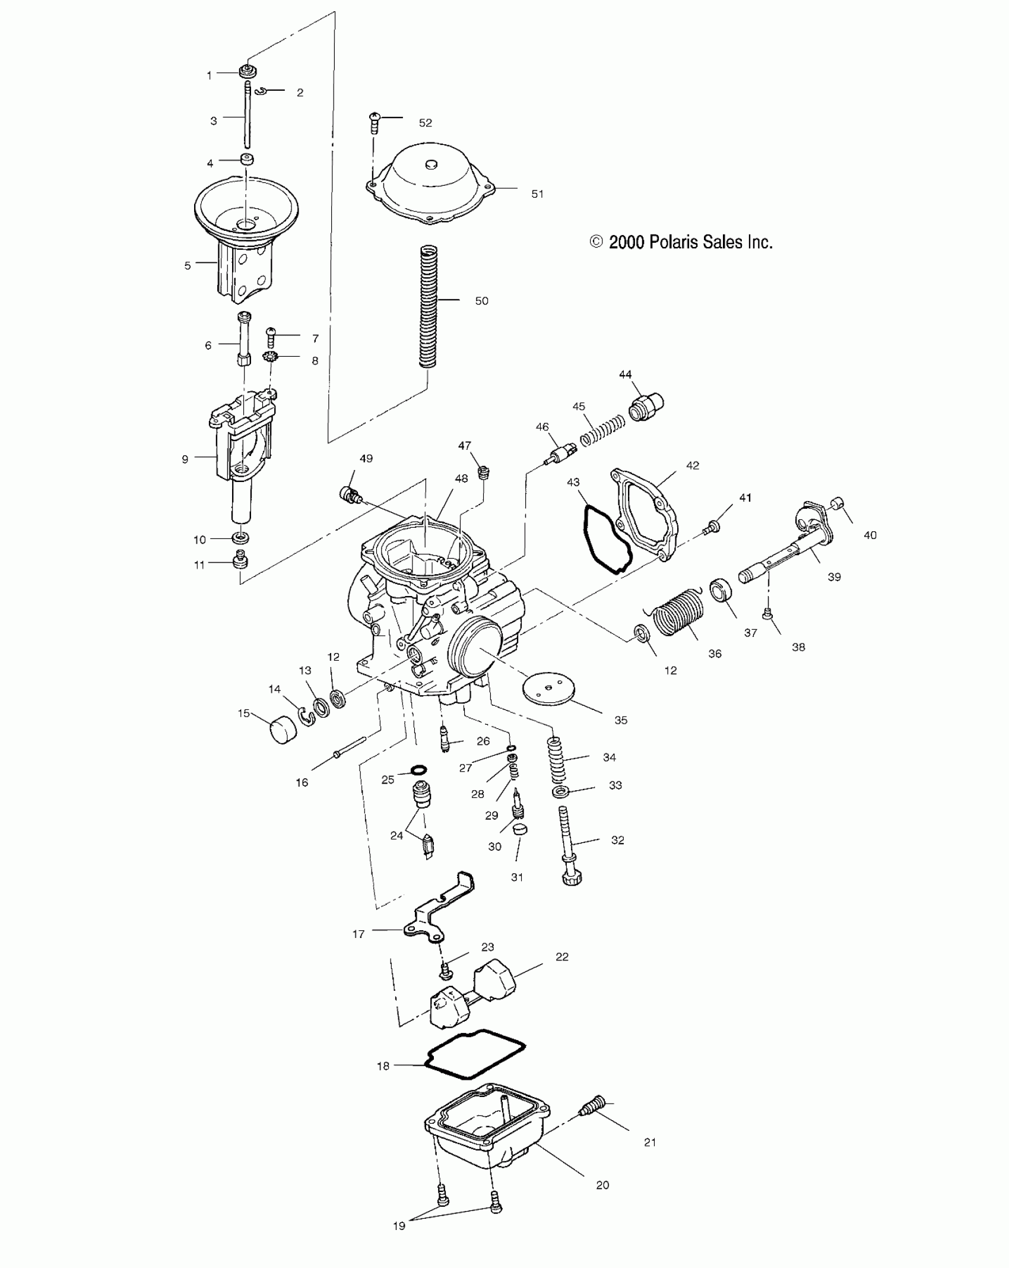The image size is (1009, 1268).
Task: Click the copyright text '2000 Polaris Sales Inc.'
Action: (x=681, y=242)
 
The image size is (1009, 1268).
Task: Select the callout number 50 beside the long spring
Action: (x=481, y=301)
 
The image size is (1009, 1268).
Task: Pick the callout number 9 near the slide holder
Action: (x=185, y=459)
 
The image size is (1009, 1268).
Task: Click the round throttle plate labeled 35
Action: (x=549, y=690)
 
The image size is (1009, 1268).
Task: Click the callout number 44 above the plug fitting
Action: (x=626, y=375)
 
